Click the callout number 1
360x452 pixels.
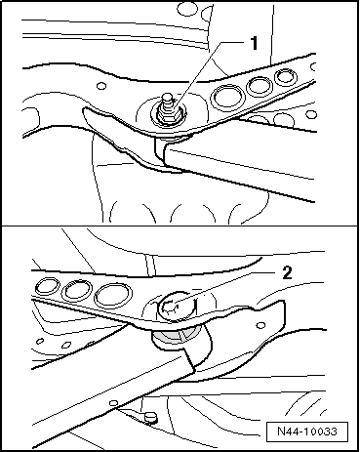(254, 43)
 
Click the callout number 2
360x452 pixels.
(287, 272)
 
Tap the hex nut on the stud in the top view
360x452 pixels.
(168, 114)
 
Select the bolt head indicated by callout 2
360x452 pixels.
(178, 307)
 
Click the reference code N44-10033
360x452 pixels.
(307, 431)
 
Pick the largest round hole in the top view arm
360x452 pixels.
(227, 97)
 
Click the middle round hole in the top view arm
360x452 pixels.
(260, 86)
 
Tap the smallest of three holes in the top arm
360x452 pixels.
(286, 77)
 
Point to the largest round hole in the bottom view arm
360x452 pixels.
(113, 295)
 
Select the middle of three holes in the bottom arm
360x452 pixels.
(77, 289)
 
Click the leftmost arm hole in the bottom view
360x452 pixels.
(48, 286)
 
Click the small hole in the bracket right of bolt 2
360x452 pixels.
(260, 325)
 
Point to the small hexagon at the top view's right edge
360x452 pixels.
(311, 115)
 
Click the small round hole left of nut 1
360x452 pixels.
(101, 86)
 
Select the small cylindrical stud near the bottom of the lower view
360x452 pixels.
(149, 417)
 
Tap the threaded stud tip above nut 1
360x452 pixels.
(168, 99)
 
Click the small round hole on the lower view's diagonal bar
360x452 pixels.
(113, 403)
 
